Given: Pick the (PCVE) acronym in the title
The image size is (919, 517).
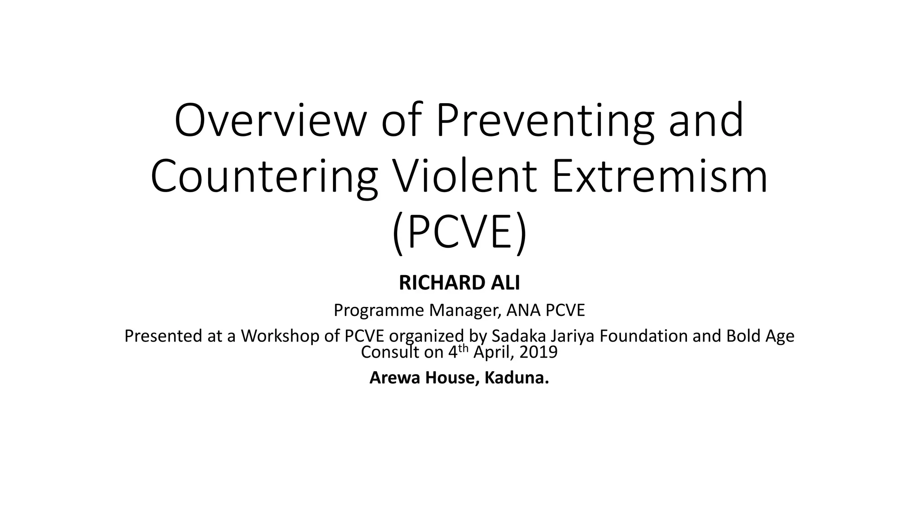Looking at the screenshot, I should [x=459, y=234].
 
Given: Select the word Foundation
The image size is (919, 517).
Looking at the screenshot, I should [x=644, y=336].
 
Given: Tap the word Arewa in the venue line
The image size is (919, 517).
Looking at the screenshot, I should [x=395, y=378].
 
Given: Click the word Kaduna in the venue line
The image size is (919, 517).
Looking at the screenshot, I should [x=516, y=378].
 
